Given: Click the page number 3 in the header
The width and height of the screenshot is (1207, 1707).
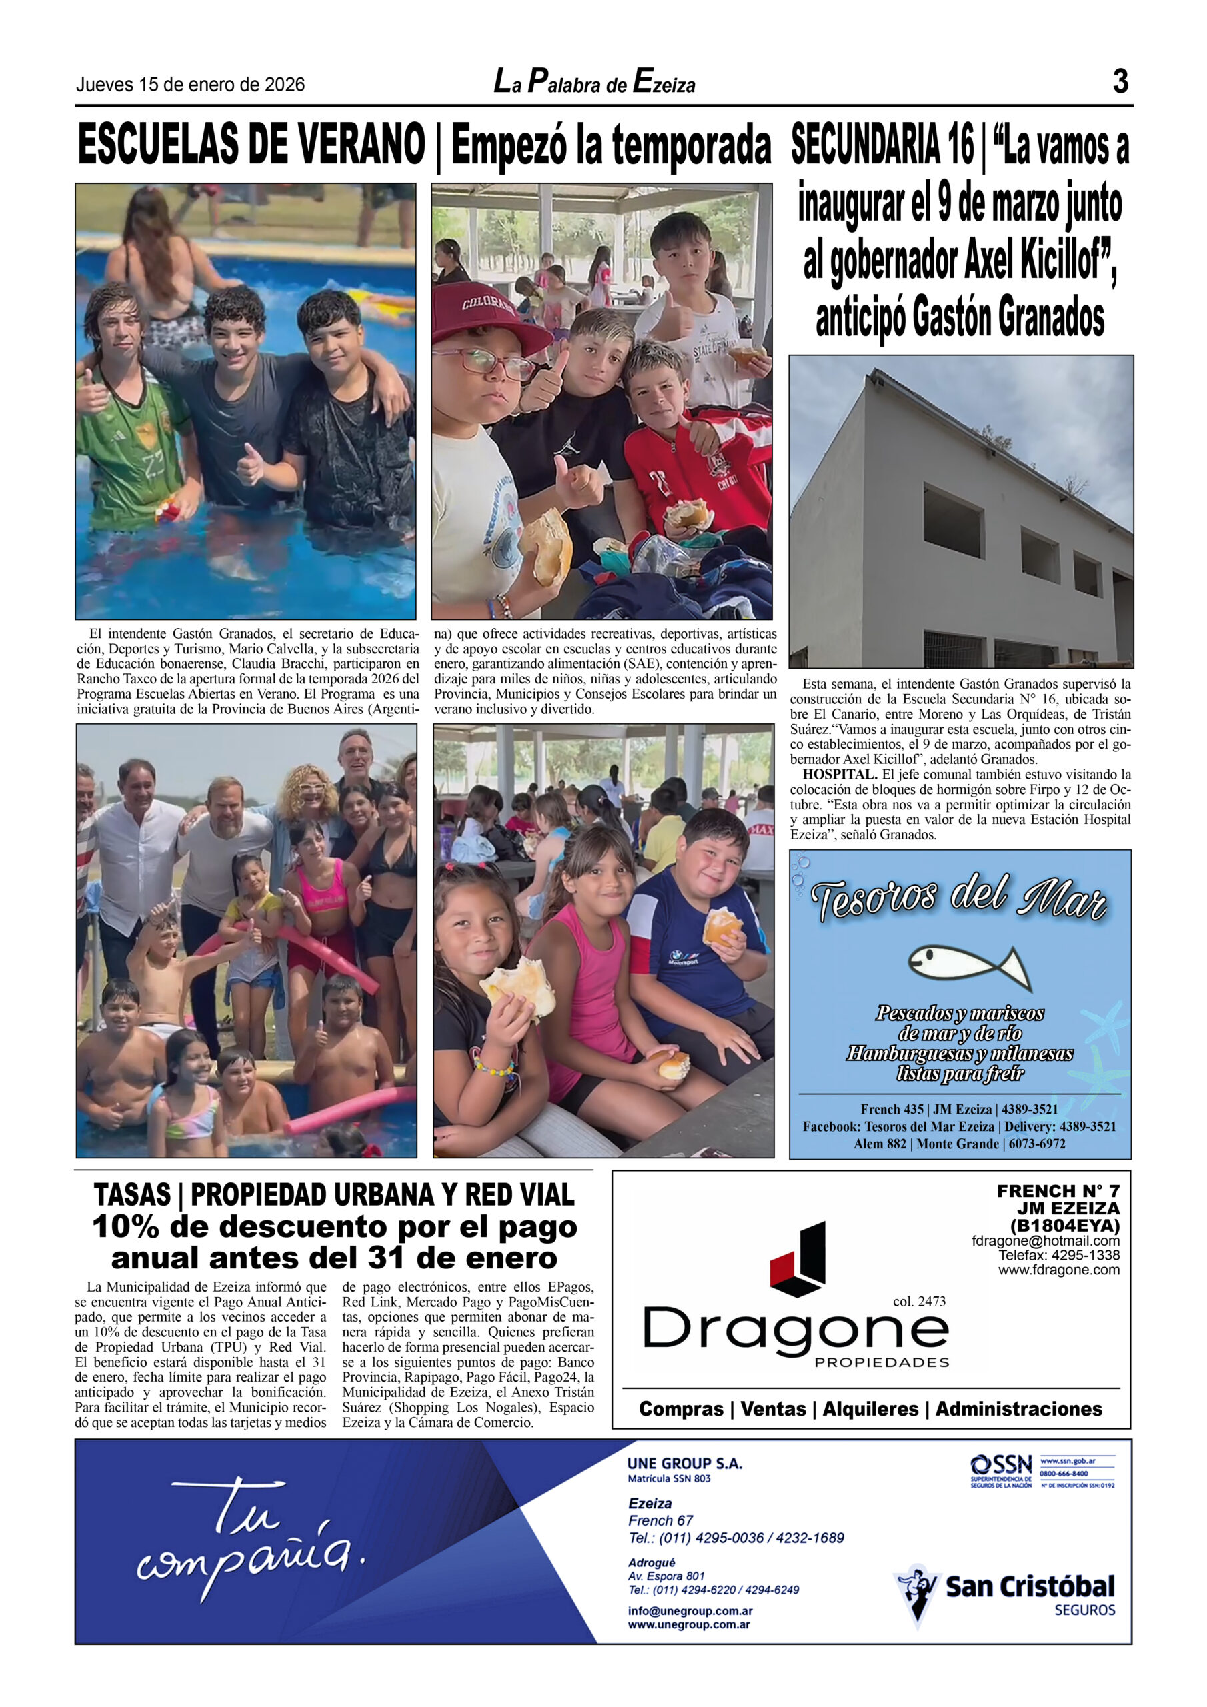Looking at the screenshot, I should [x=1120, y=81].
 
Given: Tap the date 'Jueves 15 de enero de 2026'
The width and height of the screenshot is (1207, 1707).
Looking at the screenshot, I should [x=190, y=85].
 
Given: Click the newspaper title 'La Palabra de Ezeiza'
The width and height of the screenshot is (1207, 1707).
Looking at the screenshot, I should [x=594, y=82].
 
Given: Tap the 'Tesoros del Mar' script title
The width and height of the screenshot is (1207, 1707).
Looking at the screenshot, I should [x=959, y=898].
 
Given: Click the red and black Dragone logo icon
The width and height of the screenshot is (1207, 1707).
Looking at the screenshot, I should [x=800, y=1259].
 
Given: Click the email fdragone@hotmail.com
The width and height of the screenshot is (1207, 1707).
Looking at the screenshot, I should [x=1045, y=1240].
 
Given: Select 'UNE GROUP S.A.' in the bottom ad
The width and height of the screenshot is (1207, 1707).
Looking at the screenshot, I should [x=684, y=1463].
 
